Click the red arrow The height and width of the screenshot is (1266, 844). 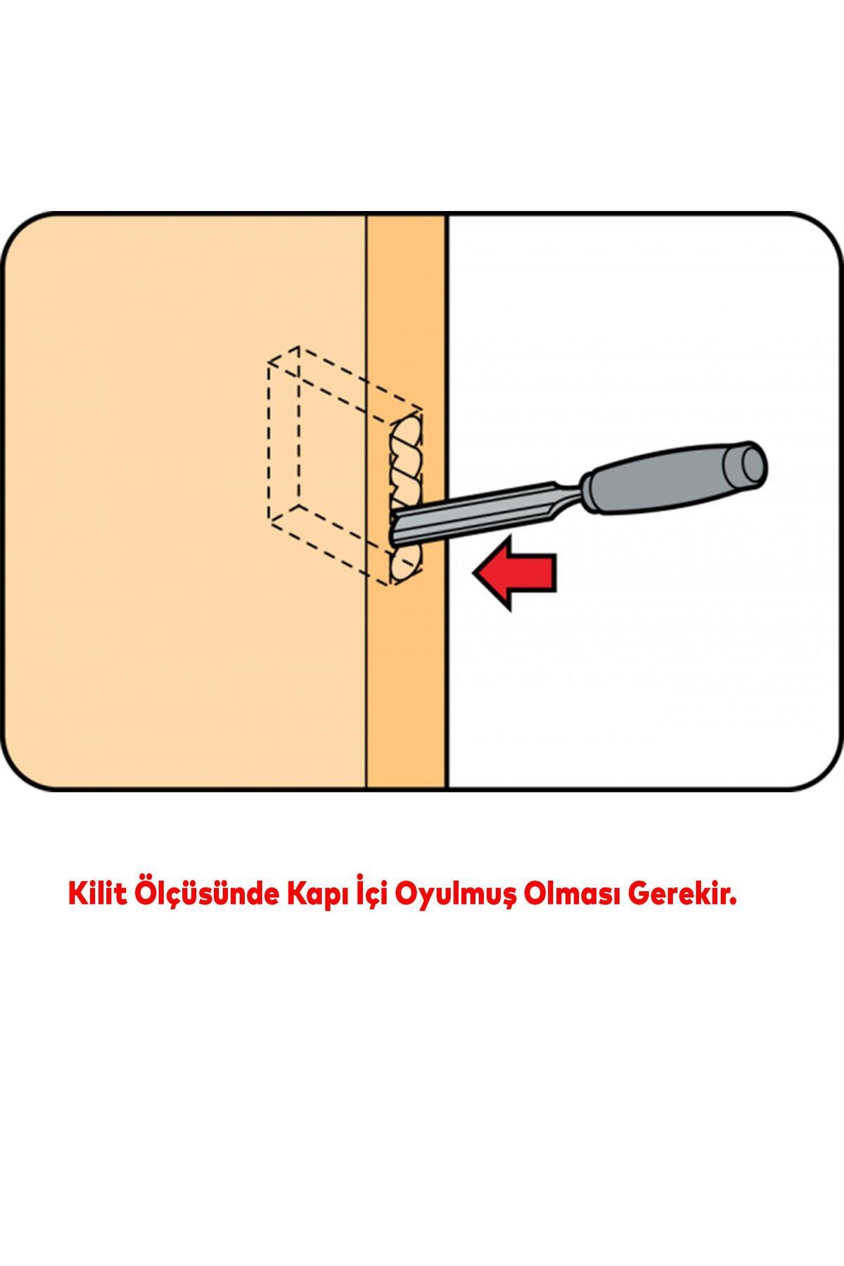tap(516, 571)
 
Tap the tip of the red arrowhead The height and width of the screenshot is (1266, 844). tap(473, 572)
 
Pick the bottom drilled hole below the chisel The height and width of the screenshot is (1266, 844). tap(407, 564)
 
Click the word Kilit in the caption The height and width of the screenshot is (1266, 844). tap(96, 895)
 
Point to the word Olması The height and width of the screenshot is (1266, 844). tap(574, 895)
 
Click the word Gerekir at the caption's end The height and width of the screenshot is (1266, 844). tap(682, 895)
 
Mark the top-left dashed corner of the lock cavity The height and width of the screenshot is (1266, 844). tap(268, 363)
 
